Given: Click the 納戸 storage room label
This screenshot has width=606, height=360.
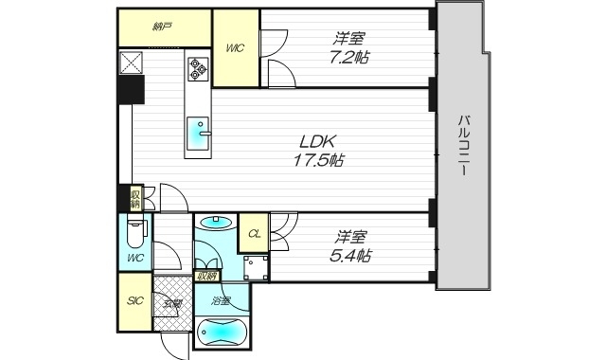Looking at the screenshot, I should pyautogui.click(x=162, y=27).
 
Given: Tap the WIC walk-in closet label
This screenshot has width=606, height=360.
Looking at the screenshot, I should pyautogui.click(x=236, y=47).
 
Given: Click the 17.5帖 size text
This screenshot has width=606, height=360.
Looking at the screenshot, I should pyautogui.click(x=316, y=160).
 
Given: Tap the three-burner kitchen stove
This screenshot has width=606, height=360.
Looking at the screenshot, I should pyautogui.click(x=199, y=67).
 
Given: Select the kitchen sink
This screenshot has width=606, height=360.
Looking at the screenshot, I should pyautogui.click(x=199, y=130).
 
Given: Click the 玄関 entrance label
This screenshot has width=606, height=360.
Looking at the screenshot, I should pyautogui.click(x=172, y=304).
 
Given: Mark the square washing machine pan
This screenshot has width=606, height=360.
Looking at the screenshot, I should pyautogui.click(x=254, y=266).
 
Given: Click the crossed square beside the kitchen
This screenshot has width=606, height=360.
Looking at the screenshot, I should pyautogui.click(x=130, y=64).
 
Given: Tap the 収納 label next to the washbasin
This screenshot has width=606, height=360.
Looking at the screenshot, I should pyautogui.click(x=205, y=277).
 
